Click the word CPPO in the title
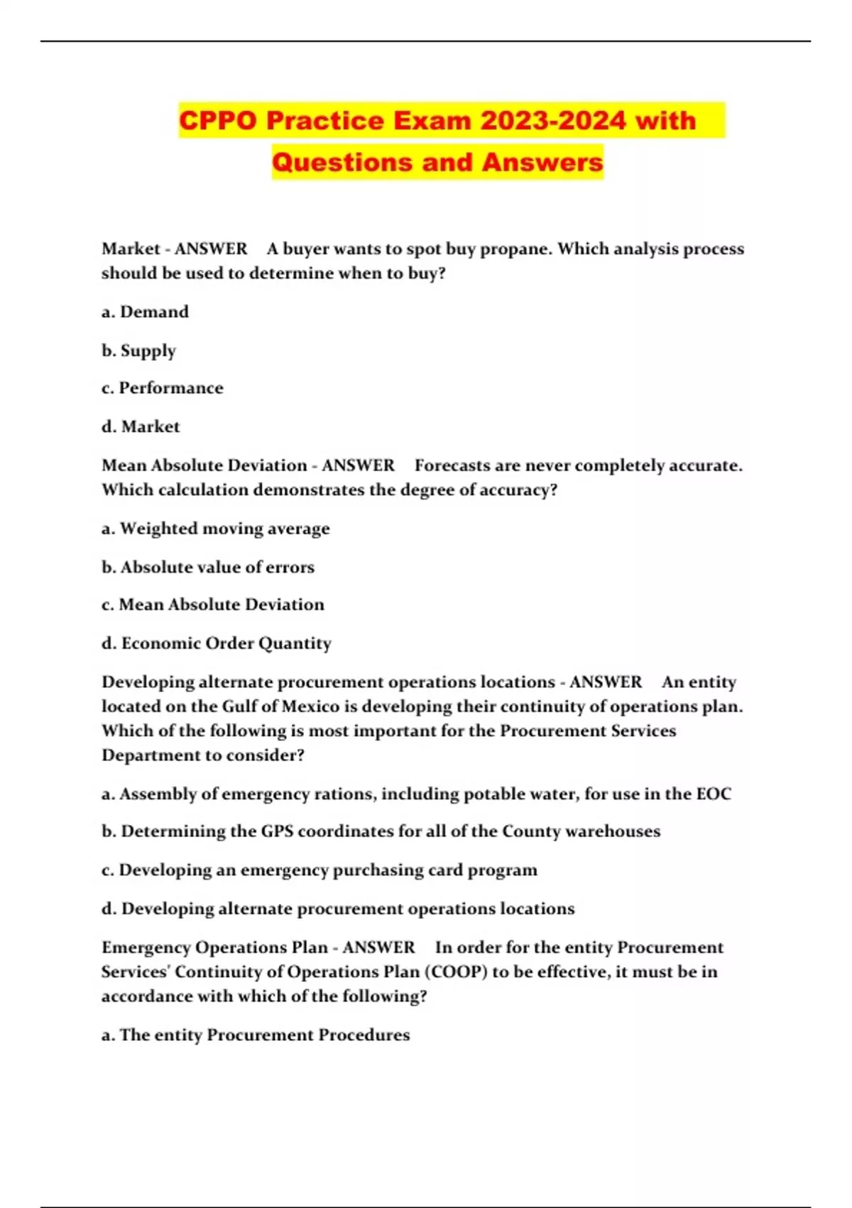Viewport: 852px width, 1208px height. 217,120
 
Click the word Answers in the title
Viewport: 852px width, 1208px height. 542,162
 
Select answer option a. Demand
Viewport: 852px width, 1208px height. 145,312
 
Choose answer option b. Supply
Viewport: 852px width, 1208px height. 138,350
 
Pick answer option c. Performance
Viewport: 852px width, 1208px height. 163,388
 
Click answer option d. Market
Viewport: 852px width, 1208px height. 141,426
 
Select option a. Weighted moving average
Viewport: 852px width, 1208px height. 216,529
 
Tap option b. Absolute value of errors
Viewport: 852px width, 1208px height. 208,567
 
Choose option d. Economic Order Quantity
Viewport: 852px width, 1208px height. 217,643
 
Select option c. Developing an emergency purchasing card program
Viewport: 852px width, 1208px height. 319,870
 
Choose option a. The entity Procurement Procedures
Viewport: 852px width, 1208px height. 256,1035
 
